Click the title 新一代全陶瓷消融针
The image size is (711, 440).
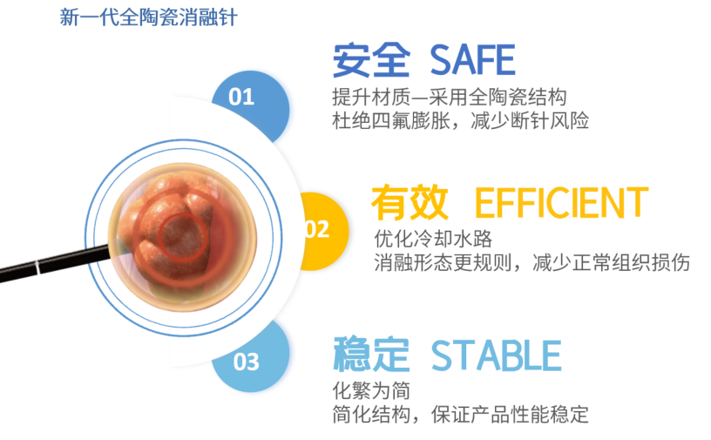pyautogui.click(x=148, y=17)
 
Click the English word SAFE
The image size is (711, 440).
pyautogui.click(x=472, y=60)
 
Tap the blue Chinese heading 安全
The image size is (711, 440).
pyautogui.click(x=371, y=60)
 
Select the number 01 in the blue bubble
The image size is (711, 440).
pyautogui.click(x=241, y=97)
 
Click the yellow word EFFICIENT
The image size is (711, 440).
pyautogui.click(x=561, y=203)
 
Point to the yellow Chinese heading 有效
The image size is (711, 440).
pyautogui.click(x=410, y=203)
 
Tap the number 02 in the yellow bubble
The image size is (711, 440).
pyautogui.click(x=316, y=229)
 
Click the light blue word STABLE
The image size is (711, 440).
pyautogui.click(x=496, y=355)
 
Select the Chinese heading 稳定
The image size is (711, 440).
pyautogui.click(x=371, y=355)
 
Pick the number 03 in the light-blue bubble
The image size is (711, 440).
pyautogui.click(x=247, y=362)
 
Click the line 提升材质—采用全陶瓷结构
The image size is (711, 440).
pyautogui.click(x=449, y=98)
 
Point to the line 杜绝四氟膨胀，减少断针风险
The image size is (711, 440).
pyautogui.click(x=460, y=120)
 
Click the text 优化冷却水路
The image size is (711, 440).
pyautogui.click(x=433, y=239)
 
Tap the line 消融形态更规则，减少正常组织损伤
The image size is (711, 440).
pyautogui.click(x=532, y=262)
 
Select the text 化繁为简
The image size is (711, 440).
pyautogui.click(x=371, y=390)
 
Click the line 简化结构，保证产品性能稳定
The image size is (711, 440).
pyautogui.click(x=460, y=414)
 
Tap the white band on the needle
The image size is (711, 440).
pyautogui.click(x=37, y=268)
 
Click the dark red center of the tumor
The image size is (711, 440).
pyautogui.click(x=183, y=236)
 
